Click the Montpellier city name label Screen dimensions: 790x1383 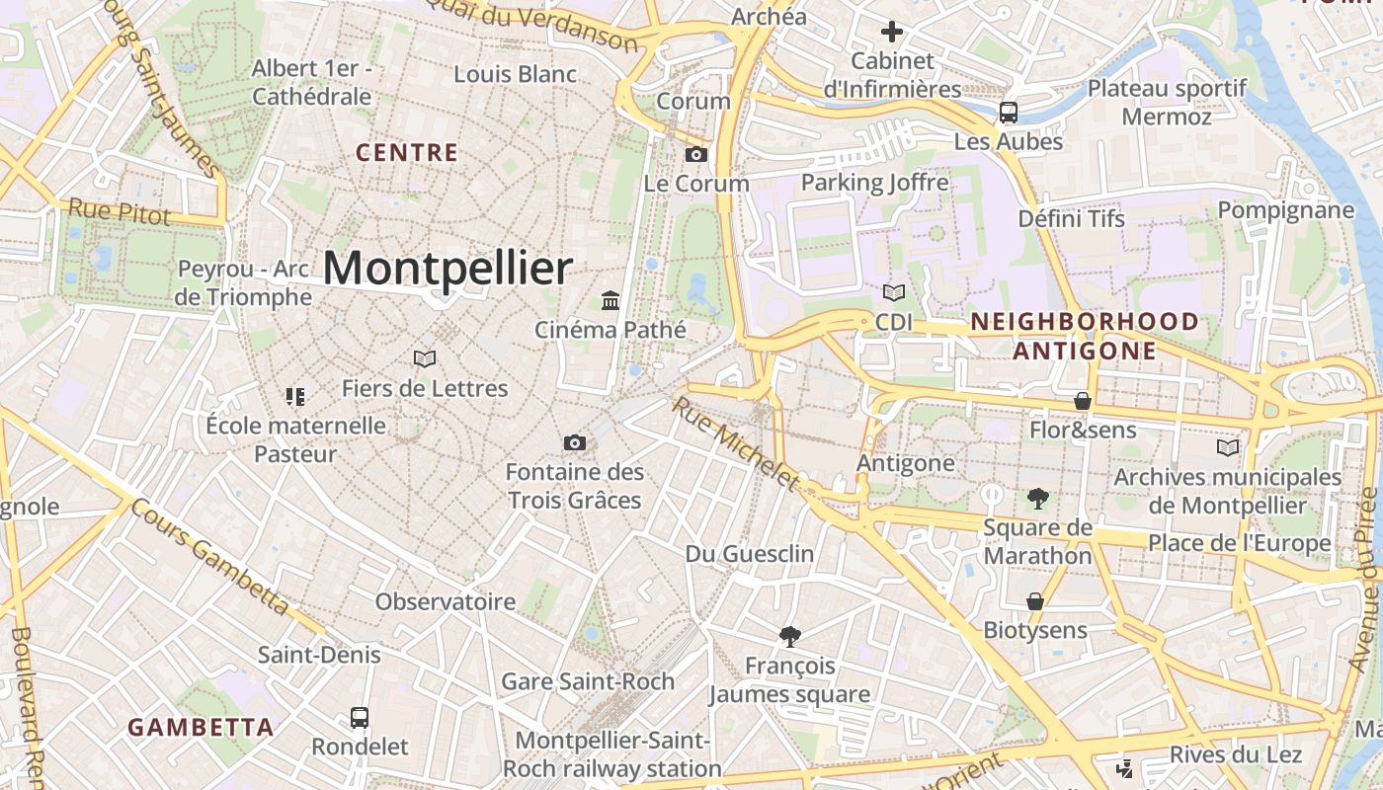pyautogui.click(x=447, y=269)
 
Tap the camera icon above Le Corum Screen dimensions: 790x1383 pyautogui.click(x=696, y=155)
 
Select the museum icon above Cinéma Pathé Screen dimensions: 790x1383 pyautogui.click(x=610, y=300)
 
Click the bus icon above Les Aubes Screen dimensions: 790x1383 pyautogui.click(x=1009, y=113)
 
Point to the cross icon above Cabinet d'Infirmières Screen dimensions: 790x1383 pyautogui.click(x=892, y=32)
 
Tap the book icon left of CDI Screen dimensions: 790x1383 pyautogui.click(x=894, y=293)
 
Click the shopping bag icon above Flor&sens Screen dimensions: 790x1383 pyautogui.click(x=1083, y=401)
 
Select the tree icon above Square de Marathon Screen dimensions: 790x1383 pyautogui.click(x=1037, y=499)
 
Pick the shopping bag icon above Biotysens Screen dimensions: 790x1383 pyautogui.click(x=1035, y=601)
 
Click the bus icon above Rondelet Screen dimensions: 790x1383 pyautogui.click(x=360, y=718)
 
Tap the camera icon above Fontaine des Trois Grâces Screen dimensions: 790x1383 pyautogui.click(x=575, y=443)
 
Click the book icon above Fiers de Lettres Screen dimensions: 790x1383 pyautogui.click(x=425, y=358)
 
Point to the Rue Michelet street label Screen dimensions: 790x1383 pyautogui.click(x=735, y=443)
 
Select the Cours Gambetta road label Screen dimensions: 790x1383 pyautogui.click(x=210, y=557)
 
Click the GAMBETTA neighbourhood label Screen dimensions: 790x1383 pyautogui.click(x=201, y=728)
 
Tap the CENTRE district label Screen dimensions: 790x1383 pyautogui.click(x=407, y=153)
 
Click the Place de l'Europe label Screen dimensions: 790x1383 pyautogui.click(x=1239, y=543)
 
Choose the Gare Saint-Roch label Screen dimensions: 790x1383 pyautogui.click(x=588, y=681)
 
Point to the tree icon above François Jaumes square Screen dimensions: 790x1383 pyautogui.click(x=789, y=636)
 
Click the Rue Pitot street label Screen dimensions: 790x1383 pyautogui.click(x=119, y=211)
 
